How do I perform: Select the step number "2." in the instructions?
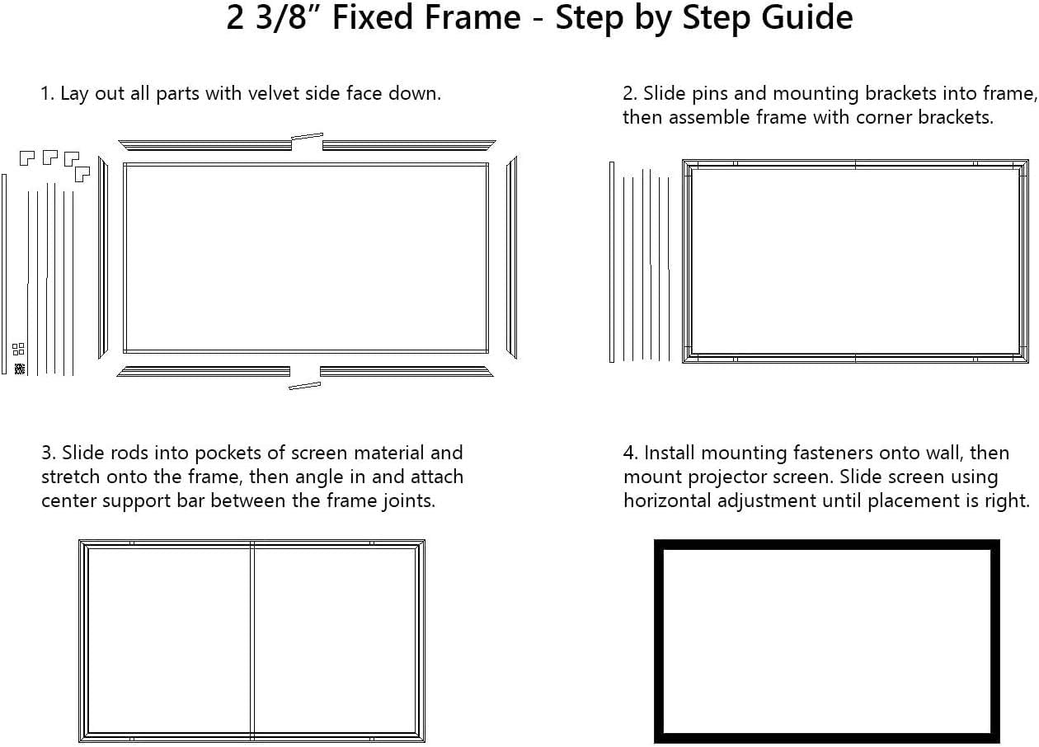point(631,93)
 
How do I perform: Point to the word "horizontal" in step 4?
point(670,500)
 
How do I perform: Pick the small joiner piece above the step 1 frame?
point(307,137)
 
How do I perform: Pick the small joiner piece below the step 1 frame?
point(304,385)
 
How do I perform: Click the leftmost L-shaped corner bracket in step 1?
point(27,157)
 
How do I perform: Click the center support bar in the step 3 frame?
point(252,639)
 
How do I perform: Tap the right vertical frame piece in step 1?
point(511,257)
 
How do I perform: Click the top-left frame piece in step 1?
point(205,145)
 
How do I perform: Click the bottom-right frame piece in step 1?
point(406,372)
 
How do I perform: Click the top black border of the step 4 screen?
point(826,544)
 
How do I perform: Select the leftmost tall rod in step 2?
point(612,262)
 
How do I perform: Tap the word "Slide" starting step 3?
point(82,453)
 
